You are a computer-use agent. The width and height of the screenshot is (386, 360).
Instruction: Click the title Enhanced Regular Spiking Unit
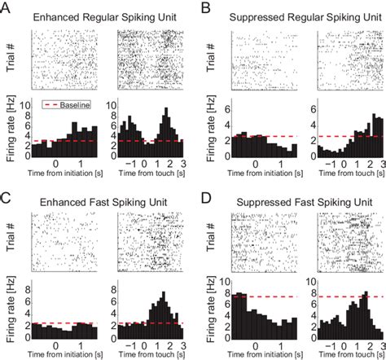[x=108, y=16]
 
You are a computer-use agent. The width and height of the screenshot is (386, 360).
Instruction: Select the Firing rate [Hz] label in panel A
[x=12, y=128]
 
